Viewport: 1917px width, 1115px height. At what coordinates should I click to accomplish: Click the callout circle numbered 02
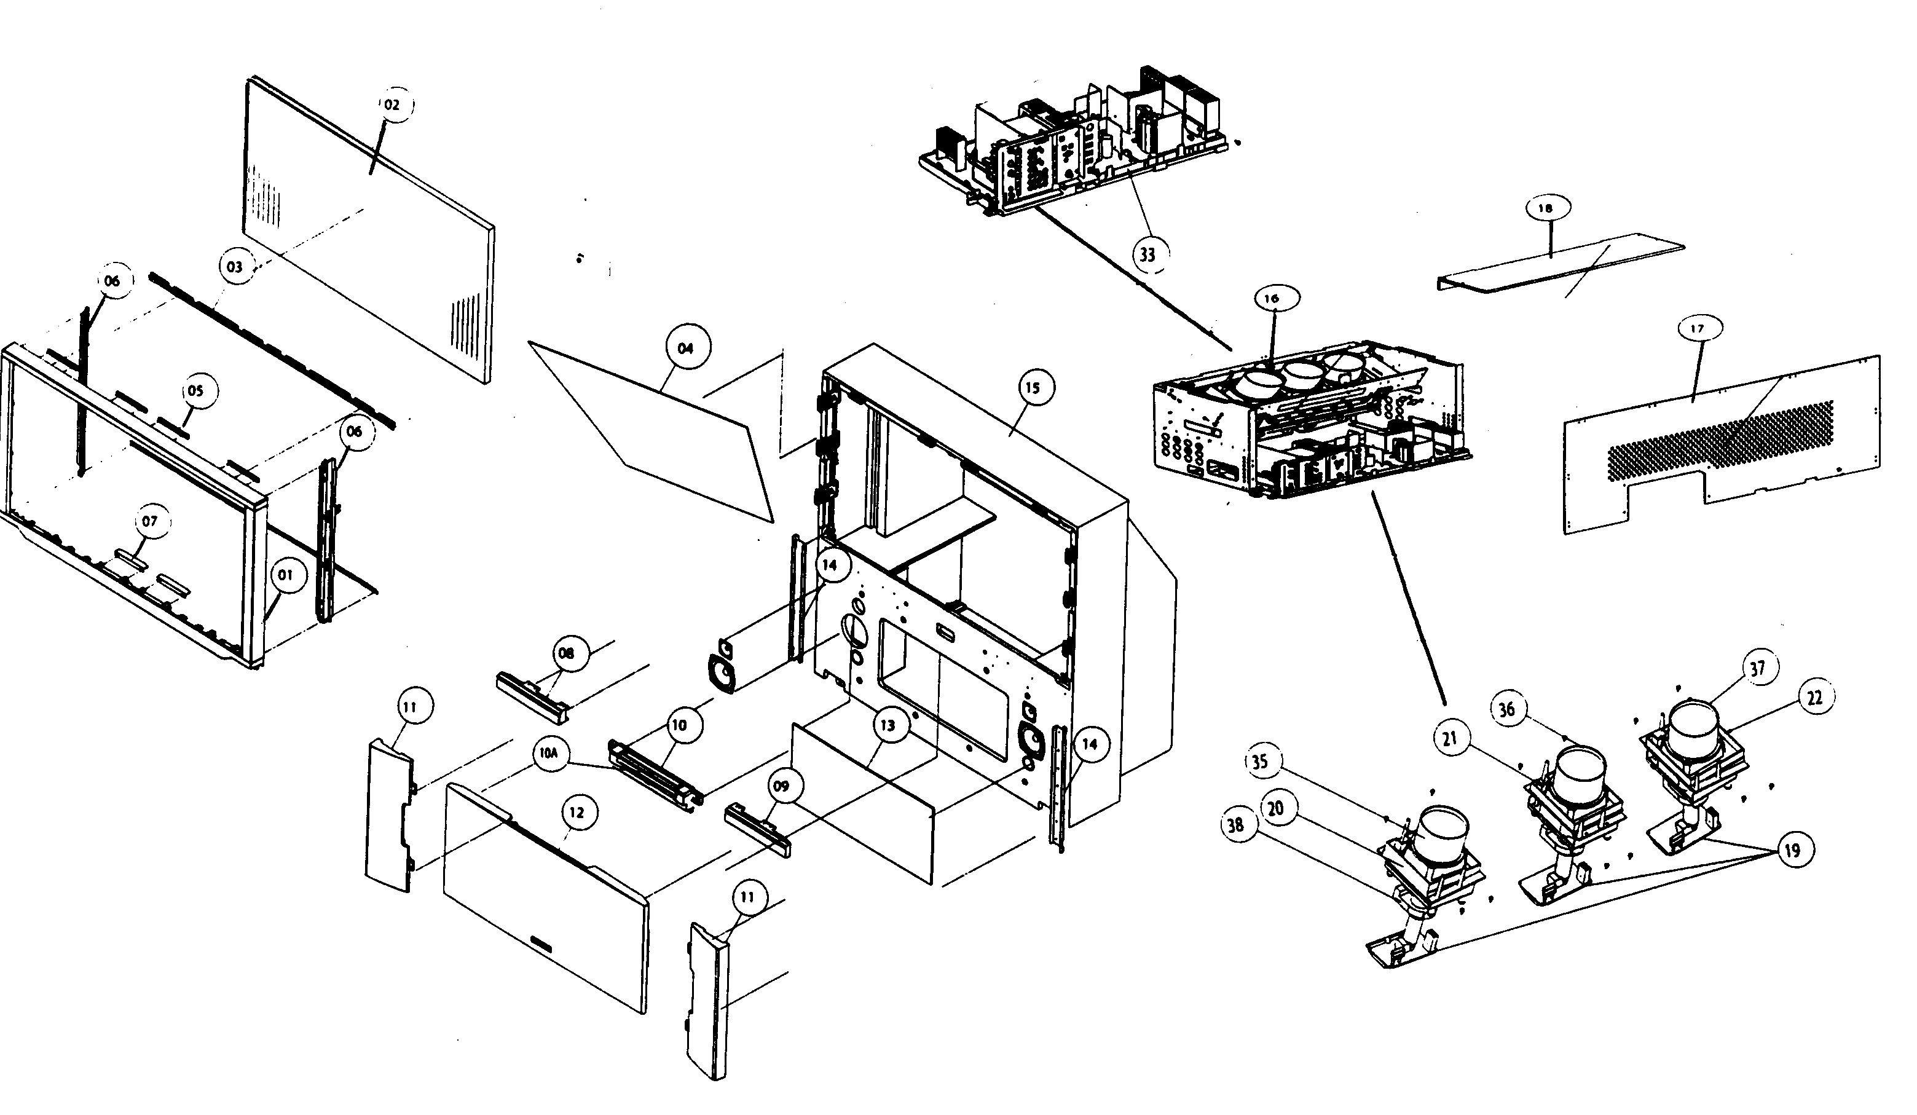(392, 105)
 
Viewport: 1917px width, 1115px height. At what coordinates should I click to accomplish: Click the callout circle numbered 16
(1272, 299)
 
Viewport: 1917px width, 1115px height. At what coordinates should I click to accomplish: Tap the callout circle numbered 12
(577, 813)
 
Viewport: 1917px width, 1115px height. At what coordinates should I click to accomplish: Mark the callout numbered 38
(1236, 824)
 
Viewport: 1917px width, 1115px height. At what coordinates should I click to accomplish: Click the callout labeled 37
(1757, 669)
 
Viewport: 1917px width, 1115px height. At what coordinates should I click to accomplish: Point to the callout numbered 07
(150, 521)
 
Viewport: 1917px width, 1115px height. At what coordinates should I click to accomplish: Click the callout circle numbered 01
(285, 575)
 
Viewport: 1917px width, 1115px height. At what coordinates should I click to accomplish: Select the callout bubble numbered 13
(888, 725)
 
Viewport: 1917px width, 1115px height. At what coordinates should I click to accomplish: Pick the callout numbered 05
(195, 391)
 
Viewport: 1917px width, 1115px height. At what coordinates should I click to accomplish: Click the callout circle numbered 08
(566, 653)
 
